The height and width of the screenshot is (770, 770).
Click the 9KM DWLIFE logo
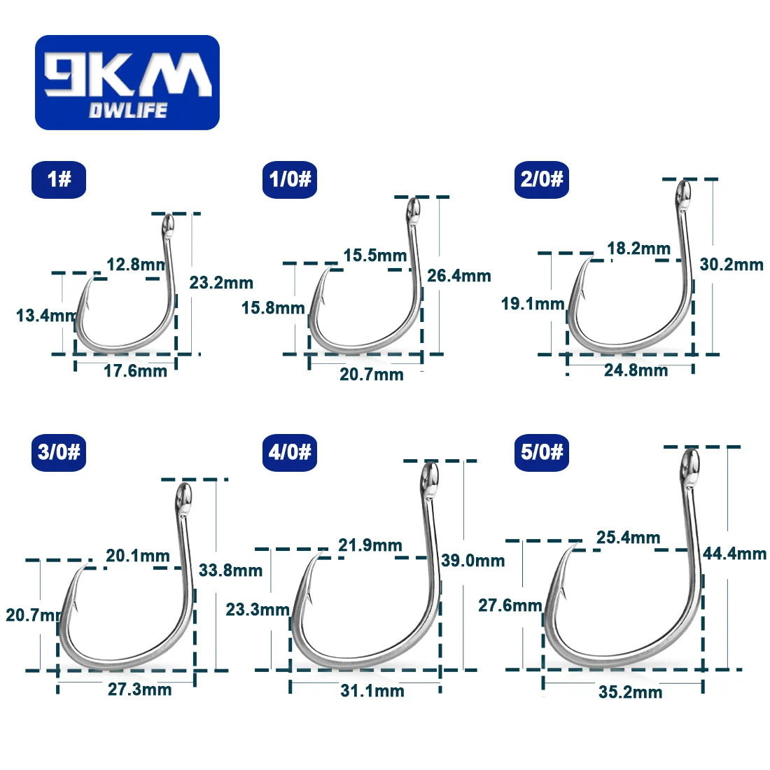coord(127,83)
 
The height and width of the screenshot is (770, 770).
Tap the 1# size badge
coord(59,179)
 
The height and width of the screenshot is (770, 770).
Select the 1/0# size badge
coord(290,179)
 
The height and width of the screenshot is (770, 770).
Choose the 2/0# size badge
coord(542,179)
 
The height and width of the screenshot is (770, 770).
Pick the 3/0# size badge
coord(59,452)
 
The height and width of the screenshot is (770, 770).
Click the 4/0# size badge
coord(290,452)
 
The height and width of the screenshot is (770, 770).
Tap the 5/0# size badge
coord(542,452)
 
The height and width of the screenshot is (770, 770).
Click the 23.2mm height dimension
coord(221,283)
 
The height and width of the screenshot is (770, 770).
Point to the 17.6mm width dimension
coord(136,371)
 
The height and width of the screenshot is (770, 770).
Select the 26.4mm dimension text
coord(459,276)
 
